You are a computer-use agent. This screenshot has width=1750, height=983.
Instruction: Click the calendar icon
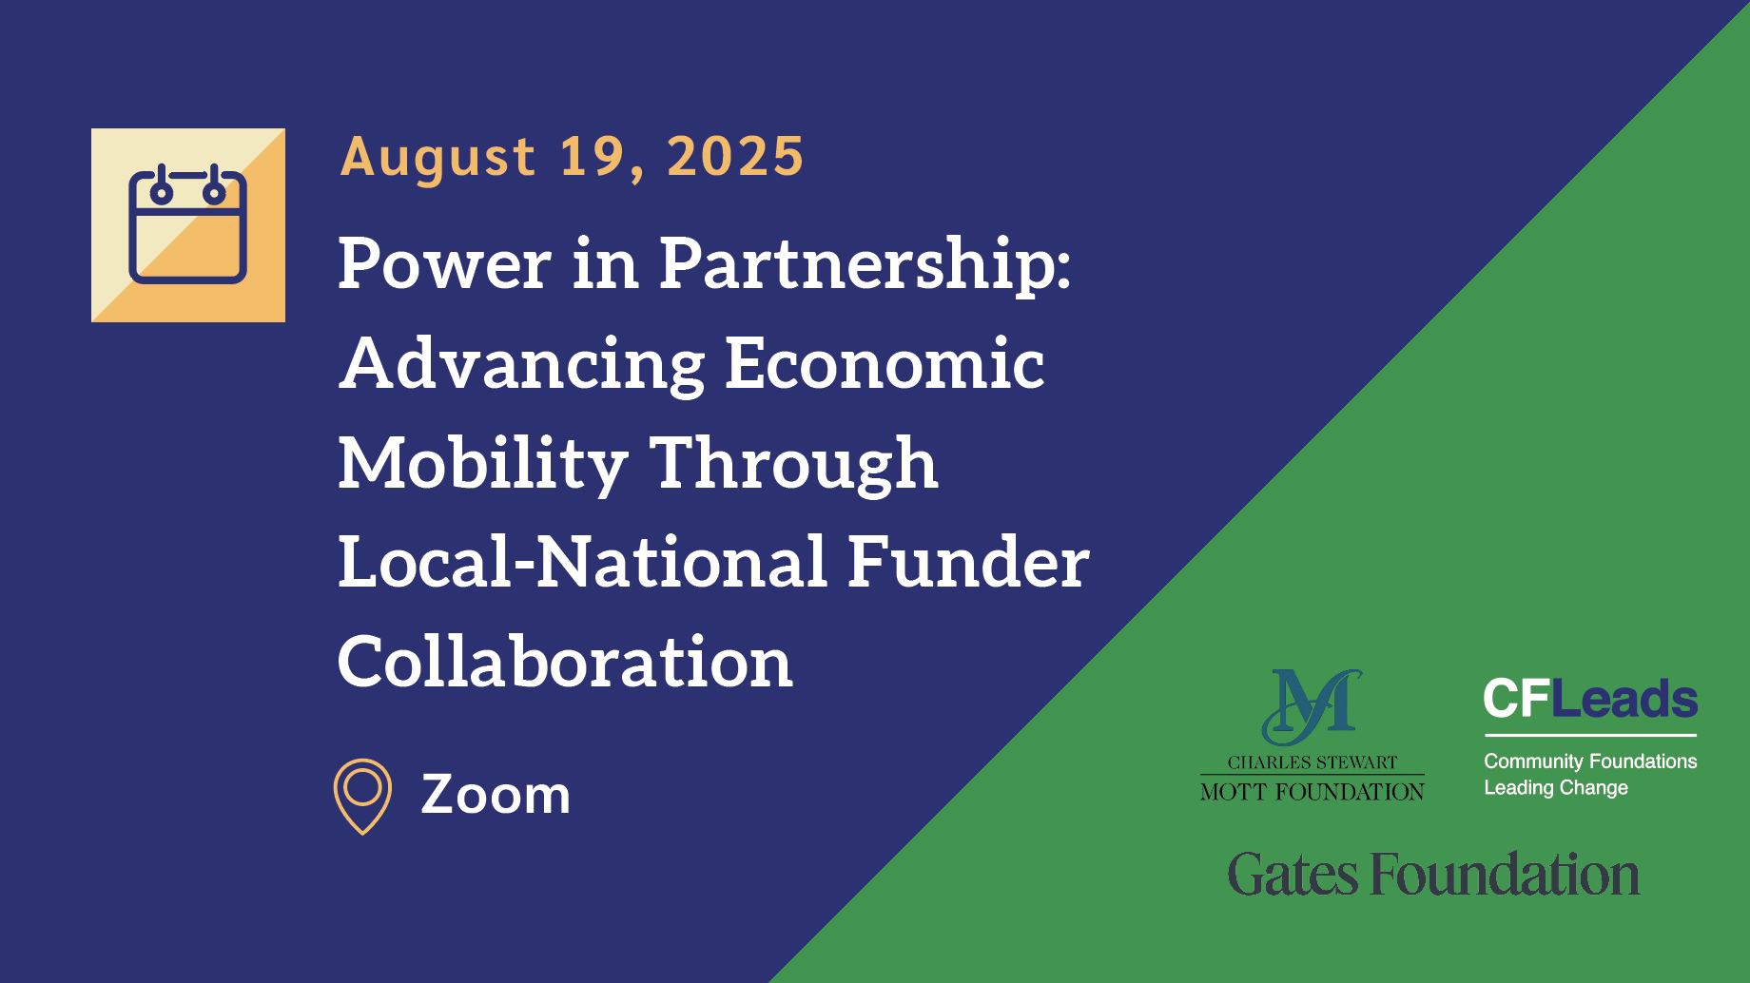[188, 224]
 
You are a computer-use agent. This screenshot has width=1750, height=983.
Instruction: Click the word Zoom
[496, 794]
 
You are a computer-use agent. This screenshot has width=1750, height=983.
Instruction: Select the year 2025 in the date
[735, 157]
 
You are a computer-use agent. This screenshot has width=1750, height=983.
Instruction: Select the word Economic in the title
[885, 363]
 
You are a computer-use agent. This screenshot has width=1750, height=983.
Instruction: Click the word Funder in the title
[967, 562]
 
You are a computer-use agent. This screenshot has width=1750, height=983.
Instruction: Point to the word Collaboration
[565, 662]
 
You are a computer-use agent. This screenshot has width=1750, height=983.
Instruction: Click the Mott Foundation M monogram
[1312, 706]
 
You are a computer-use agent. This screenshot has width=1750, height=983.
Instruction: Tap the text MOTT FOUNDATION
[1312, 792]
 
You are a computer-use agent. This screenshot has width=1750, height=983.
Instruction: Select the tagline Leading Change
[1556, 787]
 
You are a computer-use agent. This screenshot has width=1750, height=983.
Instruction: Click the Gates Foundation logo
[1433, 875]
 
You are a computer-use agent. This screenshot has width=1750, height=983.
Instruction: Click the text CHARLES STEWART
[1312, 762]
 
